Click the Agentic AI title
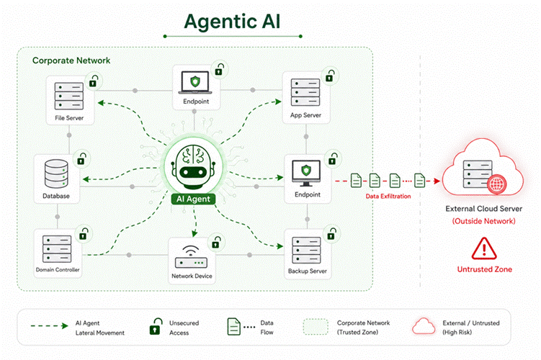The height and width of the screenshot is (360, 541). point(232,22)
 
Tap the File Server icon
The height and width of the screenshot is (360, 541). point(69,96)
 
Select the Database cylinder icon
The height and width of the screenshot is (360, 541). point(56,174)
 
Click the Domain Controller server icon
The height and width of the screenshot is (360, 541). point(57,248)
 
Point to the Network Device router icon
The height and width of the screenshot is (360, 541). point(191,257)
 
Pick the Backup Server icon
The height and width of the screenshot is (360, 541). point(306,250)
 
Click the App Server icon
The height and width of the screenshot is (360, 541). point(305,92)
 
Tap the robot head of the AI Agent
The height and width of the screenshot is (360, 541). point(193,166)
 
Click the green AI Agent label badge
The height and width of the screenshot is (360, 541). point(193,199)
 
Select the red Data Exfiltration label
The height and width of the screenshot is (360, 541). point(388,197)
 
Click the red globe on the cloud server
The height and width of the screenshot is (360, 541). point(497,184)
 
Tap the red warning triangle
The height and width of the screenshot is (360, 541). point(484,248)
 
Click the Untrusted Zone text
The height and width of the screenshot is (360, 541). point(484,269)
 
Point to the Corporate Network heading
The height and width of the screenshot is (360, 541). point(71,60)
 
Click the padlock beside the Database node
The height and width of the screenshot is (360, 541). point(81,158)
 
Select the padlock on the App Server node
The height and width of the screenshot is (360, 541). point(330,76)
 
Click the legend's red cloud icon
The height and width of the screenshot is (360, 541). point(424,326)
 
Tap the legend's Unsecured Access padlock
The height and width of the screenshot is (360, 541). point(156,326)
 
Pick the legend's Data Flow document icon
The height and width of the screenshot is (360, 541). point(233,327)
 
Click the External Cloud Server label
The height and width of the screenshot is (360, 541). point(483,209)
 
